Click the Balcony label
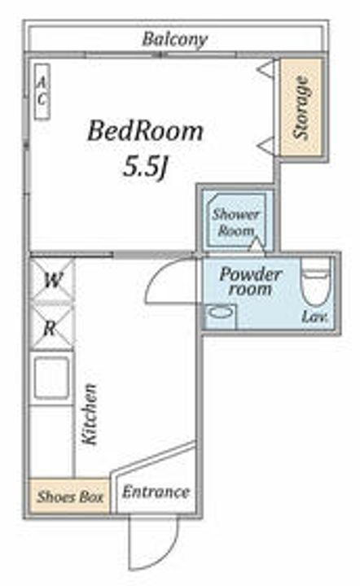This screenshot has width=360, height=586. click(174, 39)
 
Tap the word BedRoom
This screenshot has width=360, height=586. click(146, 132)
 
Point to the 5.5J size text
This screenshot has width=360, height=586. click(144, 167)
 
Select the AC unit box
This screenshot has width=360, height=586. click(42, 91)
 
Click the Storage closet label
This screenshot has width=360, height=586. click(301, 107)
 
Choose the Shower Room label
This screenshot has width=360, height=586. click(235, 223)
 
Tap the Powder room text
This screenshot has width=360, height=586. click(250, 281)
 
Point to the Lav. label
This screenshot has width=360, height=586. click(314, 317)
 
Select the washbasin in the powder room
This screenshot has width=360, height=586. click(221, 313)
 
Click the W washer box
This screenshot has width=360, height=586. click(52, 279)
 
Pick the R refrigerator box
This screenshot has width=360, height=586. click(51, 328)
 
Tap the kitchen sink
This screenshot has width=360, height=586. click(51, 378)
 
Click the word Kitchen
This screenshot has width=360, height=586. click(90, 414)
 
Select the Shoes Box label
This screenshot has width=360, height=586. click(70, 497)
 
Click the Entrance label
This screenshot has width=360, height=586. click(156, 492)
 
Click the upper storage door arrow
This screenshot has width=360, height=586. click(266, 69)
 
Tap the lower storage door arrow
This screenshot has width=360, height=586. click(266, 145)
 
